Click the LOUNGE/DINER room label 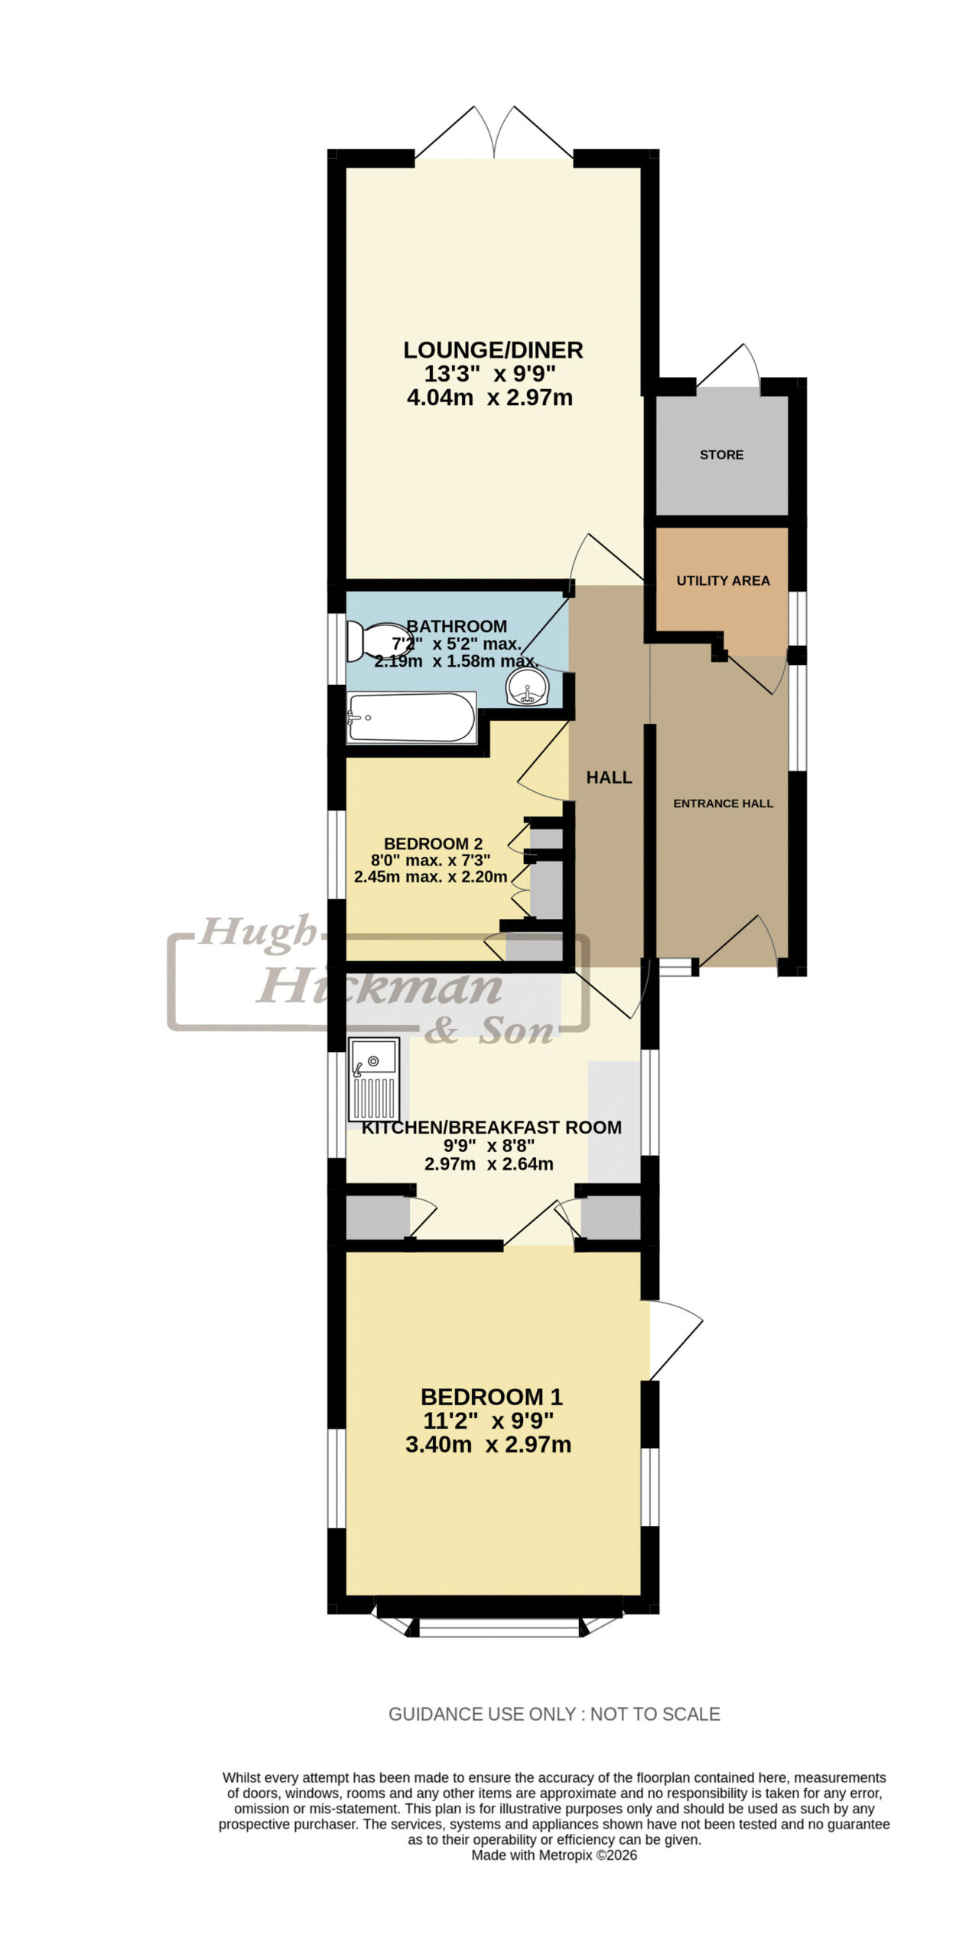(x=493, y=350)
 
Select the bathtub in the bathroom (x=411, y=717)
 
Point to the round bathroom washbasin (x=527, y=686)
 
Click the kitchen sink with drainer (x=374, y=1078)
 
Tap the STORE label (x=721, y=455)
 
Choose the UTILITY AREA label (x=723, y=581)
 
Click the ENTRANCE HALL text (x=723, y=803)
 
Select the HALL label (x=609, y=777)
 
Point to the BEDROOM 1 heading (x=491, y=1397)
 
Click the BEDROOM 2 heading (x=433, y=844)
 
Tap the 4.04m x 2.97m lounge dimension (x=489, y=398)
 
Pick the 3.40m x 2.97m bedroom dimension (x=489, y=1445)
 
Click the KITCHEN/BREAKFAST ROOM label (x=491, y=1128)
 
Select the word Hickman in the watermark (x=380, y=988)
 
